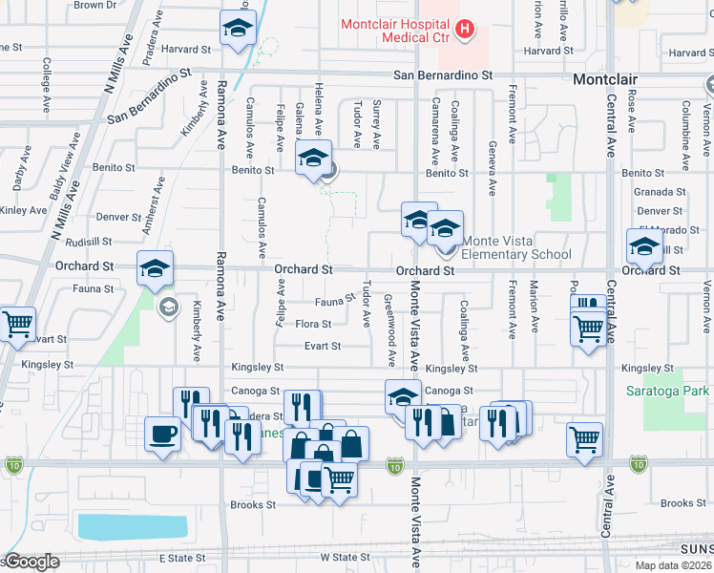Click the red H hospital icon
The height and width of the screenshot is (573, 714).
point(465,30)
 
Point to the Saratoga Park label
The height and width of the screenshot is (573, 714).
point(675,392)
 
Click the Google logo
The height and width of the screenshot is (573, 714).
point(31,562)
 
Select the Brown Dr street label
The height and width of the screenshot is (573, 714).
point(94,5)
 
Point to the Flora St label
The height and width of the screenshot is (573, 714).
point(313,325)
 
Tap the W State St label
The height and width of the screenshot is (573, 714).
point(345,557)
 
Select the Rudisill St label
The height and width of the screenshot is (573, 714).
point(90,243)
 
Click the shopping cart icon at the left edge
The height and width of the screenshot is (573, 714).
point(16,326)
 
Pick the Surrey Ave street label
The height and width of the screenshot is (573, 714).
point(377,125)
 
